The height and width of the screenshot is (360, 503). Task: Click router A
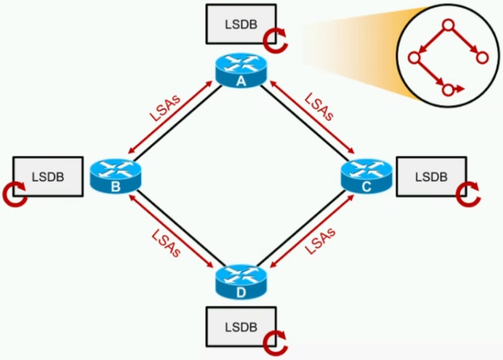241,70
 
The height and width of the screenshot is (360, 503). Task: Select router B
116,176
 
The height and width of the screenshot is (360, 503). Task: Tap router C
366,176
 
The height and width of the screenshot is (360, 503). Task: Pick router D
241,282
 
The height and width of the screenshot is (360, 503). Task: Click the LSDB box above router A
241,24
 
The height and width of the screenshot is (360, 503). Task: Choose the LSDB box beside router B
48,176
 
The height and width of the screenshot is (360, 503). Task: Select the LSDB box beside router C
432,176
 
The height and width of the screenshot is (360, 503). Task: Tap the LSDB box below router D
241,327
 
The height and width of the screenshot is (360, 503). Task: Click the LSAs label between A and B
165,108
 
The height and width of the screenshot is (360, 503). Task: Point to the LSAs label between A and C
319,107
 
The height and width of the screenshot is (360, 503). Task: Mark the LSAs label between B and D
166,243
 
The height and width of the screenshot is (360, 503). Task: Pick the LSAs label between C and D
320,241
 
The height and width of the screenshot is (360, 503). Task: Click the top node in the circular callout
448,25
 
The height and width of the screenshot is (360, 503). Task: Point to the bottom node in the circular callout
448,90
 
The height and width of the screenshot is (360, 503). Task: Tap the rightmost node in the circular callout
482,58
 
